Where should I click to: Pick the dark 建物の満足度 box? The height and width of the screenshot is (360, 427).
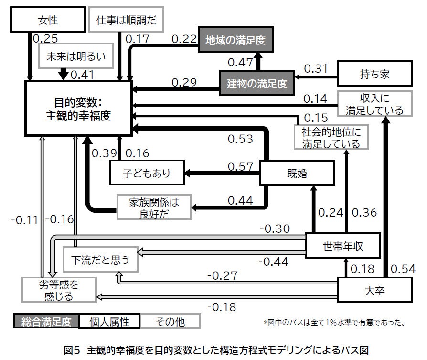257,84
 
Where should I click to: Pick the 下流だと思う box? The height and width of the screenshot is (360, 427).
101,261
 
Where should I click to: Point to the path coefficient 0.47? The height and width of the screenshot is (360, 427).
240,62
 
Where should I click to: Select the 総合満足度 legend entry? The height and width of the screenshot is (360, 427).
46,321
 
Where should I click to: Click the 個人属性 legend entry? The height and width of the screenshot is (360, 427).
109,321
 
